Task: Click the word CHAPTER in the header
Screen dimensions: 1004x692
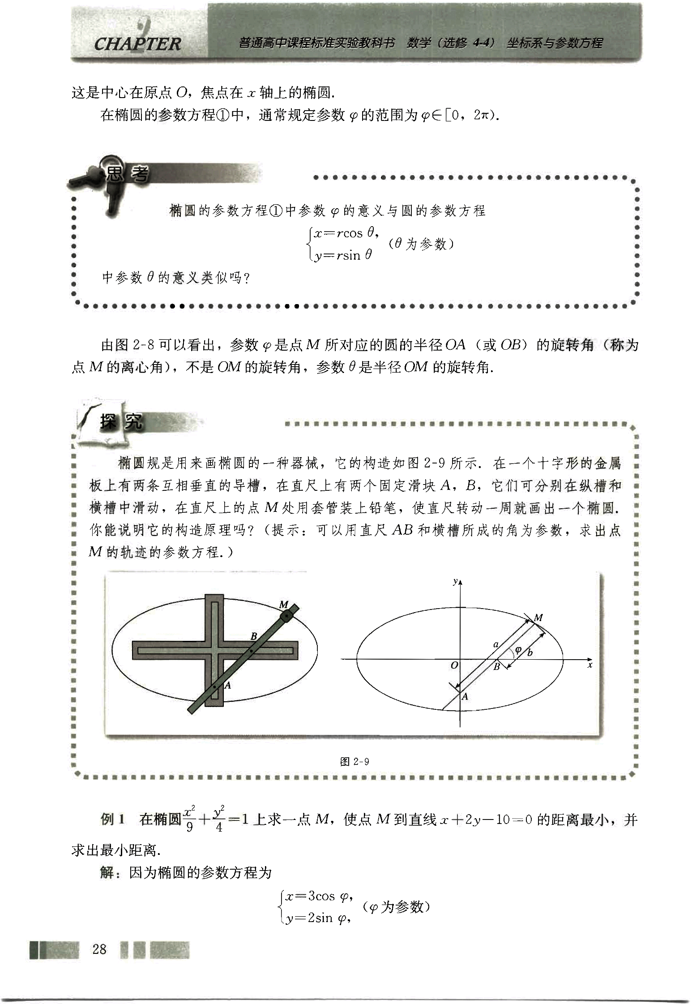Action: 137,44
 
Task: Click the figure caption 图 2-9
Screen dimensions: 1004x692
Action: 355,761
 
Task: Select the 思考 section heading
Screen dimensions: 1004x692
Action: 126,175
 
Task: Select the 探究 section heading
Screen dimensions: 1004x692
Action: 121,422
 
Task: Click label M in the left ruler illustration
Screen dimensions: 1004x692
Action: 283,605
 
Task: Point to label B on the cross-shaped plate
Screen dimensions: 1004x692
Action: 254,636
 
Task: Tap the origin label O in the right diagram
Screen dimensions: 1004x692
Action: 454,665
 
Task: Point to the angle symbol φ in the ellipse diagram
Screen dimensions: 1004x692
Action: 518,649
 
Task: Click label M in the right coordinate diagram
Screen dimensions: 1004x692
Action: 538,618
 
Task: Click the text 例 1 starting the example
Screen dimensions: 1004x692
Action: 112,820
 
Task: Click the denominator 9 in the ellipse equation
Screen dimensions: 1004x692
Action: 189,827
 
